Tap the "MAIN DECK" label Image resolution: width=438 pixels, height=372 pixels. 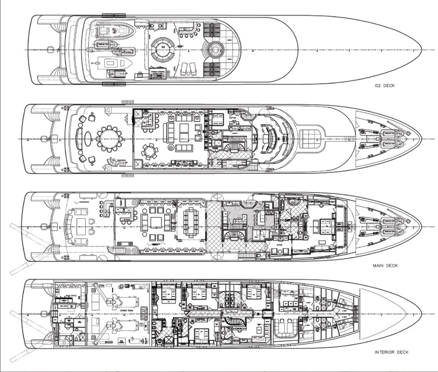pyautogui.click(x=385, y=266)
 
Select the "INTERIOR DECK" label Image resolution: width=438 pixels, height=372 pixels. pyautogui.click(x=392, y=352)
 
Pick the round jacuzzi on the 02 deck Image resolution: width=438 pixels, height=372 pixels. pyautogui.click(x=215, y=49)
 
